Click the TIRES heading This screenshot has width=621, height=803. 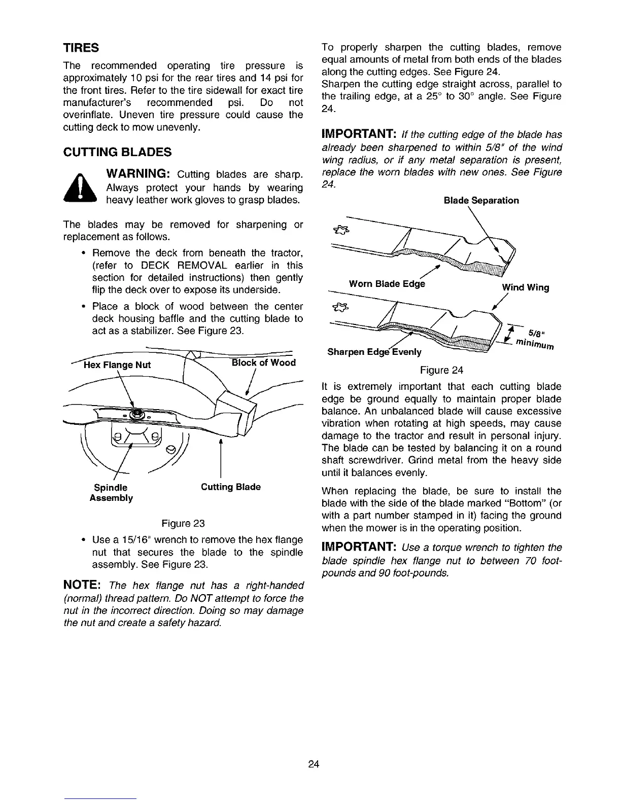(x=81, y=48)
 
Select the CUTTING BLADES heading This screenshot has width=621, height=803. (x=117, y=152)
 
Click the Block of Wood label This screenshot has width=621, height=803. (x=263, y=362)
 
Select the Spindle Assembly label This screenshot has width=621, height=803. (x=111, y=492)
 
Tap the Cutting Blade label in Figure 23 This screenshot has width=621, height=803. (x=231, y=487)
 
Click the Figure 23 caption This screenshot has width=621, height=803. (x=183, y=523)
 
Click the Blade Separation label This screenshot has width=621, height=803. (x=481, y=200)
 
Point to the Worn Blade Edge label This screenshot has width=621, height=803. (x=387, y=284)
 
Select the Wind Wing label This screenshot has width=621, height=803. (x=525, y=287)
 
